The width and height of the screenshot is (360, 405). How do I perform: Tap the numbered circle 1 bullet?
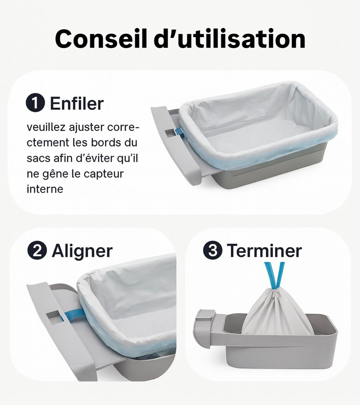coord(35,102)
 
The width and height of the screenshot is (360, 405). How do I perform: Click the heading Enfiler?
coord(77,103)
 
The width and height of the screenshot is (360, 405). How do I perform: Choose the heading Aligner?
coord(82,252)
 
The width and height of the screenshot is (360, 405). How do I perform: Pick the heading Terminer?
coord(264,251)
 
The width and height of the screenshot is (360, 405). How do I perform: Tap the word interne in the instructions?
coord(45,189)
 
